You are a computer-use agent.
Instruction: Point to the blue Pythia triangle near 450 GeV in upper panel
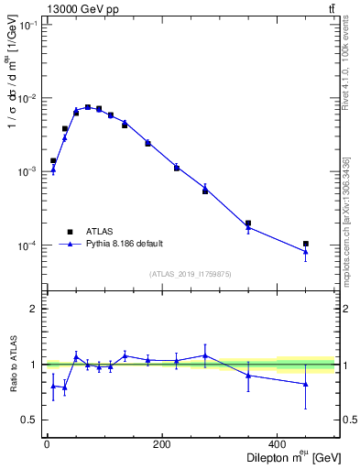[305, 252]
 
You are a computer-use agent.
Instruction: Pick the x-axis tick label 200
[162, 445]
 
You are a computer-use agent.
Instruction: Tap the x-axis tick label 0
[47, 445]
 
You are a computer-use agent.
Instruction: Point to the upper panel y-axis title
[13, 88]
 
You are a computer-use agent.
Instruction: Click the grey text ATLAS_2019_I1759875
[191, 274]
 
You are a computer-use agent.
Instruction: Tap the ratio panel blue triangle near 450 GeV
[305, 384]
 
